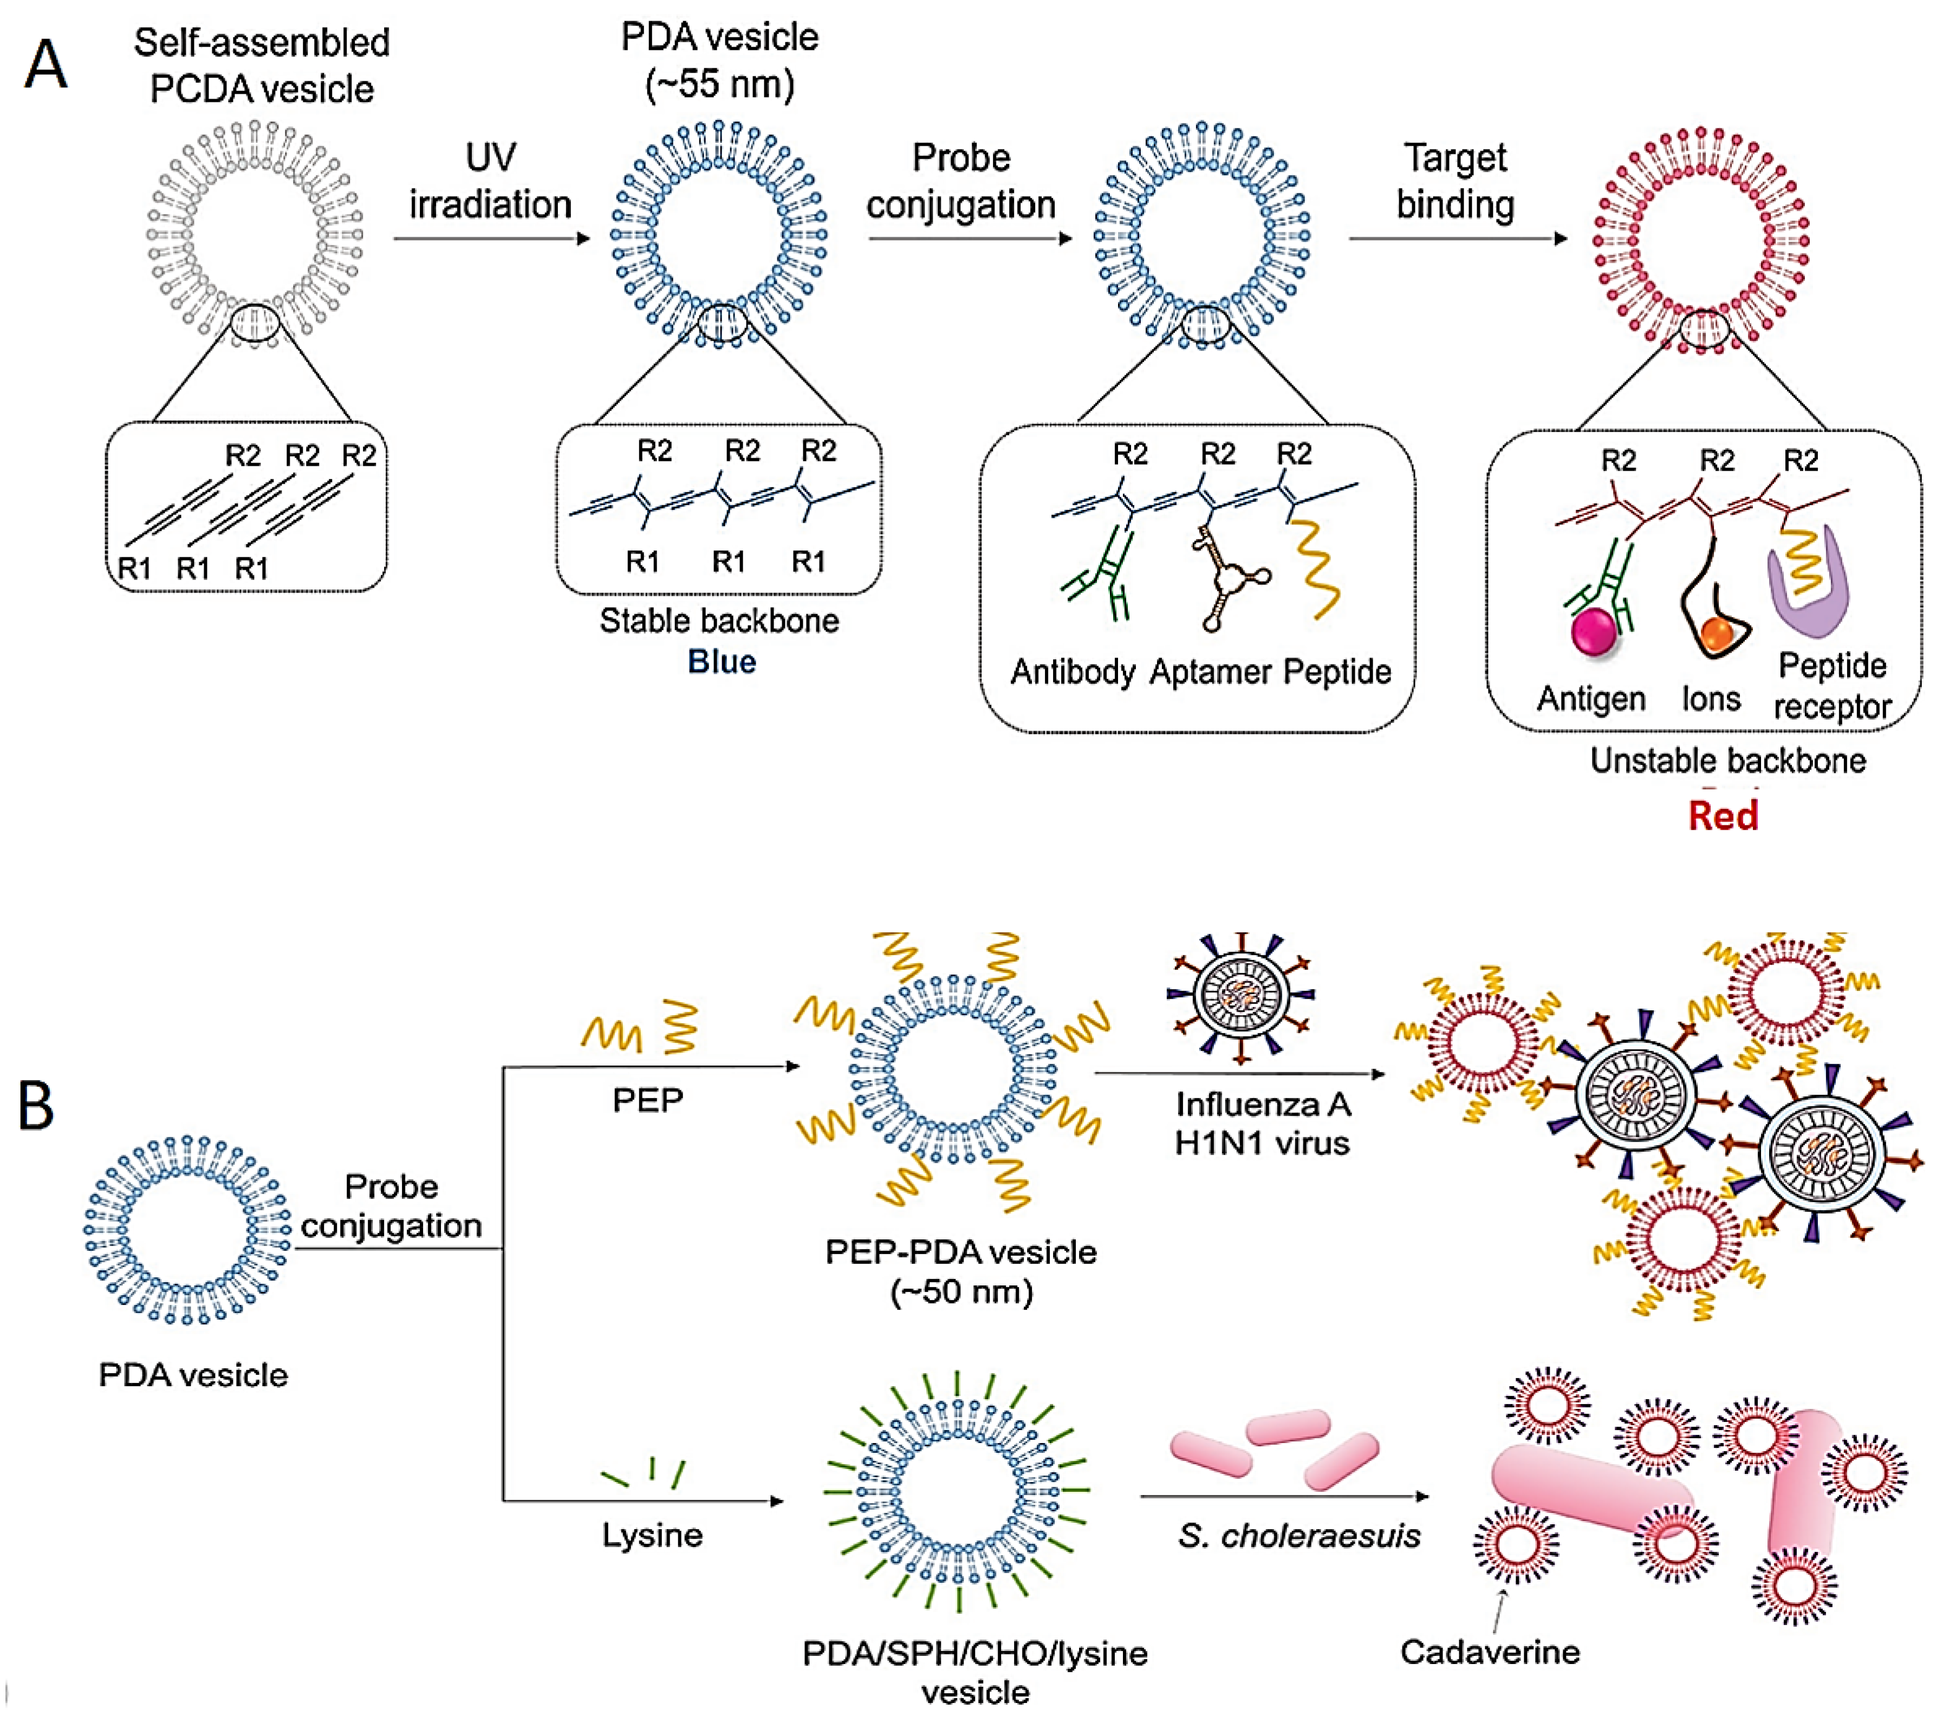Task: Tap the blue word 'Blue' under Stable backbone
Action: click(x=722, y=661)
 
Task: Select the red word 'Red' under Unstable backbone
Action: click(x=1723, y=815)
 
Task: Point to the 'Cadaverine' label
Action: click(x=1490, y=1652)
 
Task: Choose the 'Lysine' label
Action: click(x=653, y=1534)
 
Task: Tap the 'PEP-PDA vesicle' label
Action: click(x=960, y=1252)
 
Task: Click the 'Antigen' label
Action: click(x=1591, y=699)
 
